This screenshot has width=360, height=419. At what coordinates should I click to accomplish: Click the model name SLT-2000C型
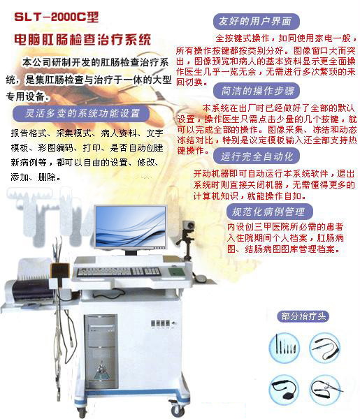click(57, 17)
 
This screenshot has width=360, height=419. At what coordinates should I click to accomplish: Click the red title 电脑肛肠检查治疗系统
click(82, 40)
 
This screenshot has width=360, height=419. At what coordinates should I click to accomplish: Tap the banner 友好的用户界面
click(256, 22)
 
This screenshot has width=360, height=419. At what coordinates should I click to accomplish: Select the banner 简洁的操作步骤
click(257, 91)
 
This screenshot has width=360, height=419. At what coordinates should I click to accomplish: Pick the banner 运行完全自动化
click(257, 156)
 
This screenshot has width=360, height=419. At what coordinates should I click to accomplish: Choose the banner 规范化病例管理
click(270, 212)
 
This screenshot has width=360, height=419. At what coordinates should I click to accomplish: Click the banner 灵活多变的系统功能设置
click(81, 113)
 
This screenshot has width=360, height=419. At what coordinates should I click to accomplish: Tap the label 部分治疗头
click(303, 316)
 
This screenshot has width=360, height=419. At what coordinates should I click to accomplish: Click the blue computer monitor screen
click(131, 226)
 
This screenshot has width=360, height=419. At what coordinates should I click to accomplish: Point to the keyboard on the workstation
click(119, 272)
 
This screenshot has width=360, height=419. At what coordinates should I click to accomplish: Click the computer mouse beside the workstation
click(201, 279)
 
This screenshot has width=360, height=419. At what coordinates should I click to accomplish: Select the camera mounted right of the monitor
click(189, 226)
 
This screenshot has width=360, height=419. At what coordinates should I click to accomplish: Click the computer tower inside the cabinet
click(101, 351)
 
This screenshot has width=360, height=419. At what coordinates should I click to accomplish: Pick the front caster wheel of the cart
click(177, 409)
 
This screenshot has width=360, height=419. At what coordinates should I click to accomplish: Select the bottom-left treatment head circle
click(284, 390)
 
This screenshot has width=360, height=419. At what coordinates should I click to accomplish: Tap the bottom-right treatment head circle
click(325, 390)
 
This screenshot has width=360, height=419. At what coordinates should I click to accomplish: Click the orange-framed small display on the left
click(60, 271)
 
